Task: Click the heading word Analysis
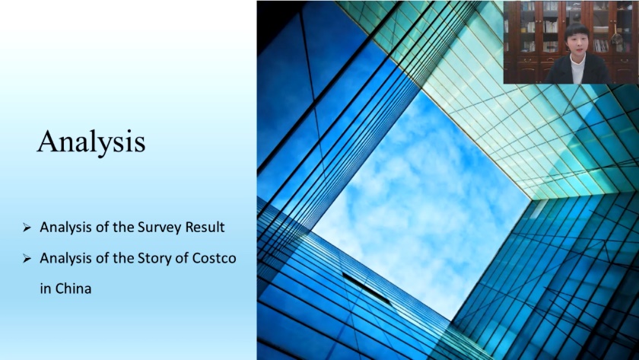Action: (91, 142)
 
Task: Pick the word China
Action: (73, 288)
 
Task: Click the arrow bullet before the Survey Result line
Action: (27, 228)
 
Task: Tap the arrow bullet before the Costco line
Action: (27, 259)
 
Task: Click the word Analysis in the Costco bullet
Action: (65, 259)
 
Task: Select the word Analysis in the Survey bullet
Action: (65, 228)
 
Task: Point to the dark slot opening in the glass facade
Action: (366, 288)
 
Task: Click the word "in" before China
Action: (46, 288)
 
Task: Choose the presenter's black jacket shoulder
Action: (597, 67)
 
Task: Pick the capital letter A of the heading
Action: (47, 141)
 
